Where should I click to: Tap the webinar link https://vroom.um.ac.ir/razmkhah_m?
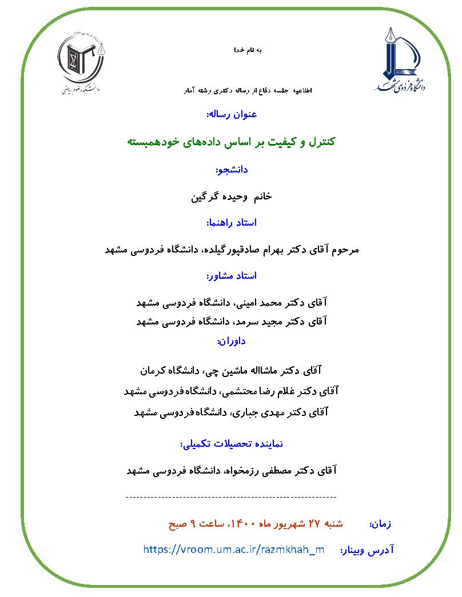[x=234, y=550]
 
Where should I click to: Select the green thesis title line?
[x=230, y=141]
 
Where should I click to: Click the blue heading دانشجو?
[x=232, y=170]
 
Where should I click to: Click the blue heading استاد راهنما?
[x=230, y=222]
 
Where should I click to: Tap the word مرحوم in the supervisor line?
[x=344, y=250]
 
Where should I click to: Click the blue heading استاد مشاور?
[x=232, y=276]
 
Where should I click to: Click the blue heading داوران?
[x=231, y=342]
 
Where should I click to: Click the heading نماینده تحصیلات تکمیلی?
[x=231, y=443]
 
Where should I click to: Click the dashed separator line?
[x=230, y=498]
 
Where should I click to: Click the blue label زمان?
[x=380, y=524]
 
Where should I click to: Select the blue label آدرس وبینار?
[x=367, y=550]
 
